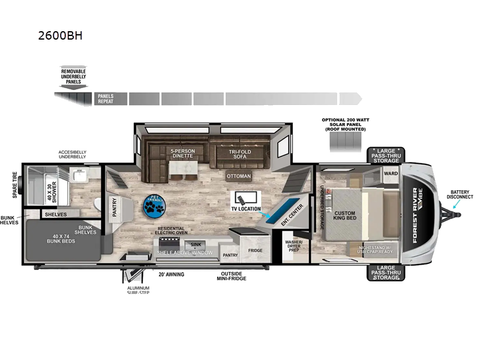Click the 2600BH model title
(59, 35)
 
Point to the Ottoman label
(238, 176)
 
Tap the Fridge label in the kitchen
(255, 251)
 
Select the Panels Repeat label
(106, 99)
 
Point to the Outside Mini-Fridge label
(230, 276)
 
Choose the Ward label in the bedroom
(391, 173)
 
